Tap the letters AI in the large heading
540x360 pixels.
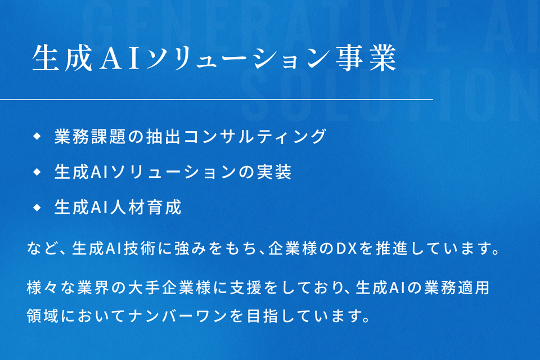click(x=119, y=58)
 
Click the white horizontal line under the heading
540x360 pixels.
click(x=216, y=99)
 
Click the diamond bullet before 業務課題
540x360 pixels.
click(x=37, y=137)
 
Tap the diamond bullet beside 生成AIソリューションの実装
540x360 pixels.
click(x=37, y=172)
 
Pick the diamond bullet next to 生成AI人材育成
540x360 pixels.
click(x=37, y=208)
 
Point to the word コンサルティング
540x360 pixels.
click(x=254, y=137)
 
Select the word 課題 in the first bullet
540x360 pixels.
click(x=109, y=137)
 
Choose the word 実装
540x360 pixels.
click(x=274, y=172)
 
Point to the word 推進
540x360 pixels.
click(x=391, y=249)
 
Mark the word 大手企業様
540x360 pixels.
click(x=169, y=287)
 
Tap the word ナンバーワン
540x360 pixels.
click(x=178, y=316)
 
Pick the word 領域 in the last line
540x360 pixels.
click(x=42, y=316)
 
